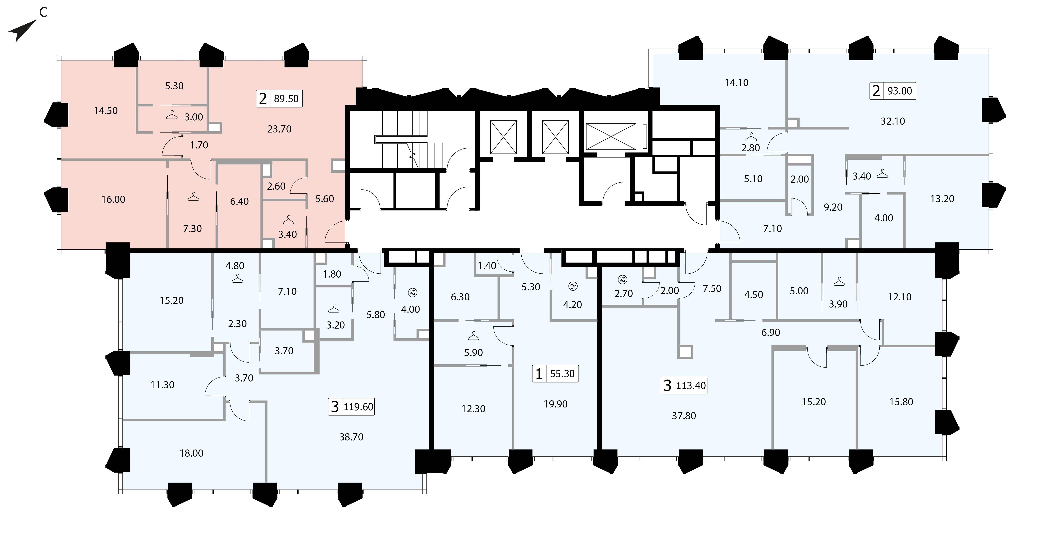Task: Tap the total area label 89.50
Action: [x=286, y=99]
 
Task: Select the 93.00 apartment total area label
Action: [x=900, y=91]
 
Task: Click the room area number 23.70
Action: [x=279, y=129]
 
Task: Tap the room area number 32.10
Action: [x=893, y=121]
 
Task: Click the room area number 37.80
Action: [x=684, y=416]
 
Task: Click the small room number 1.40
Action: [x=487, y=266]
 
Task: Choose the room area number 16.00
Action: [x=113, y=199]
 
